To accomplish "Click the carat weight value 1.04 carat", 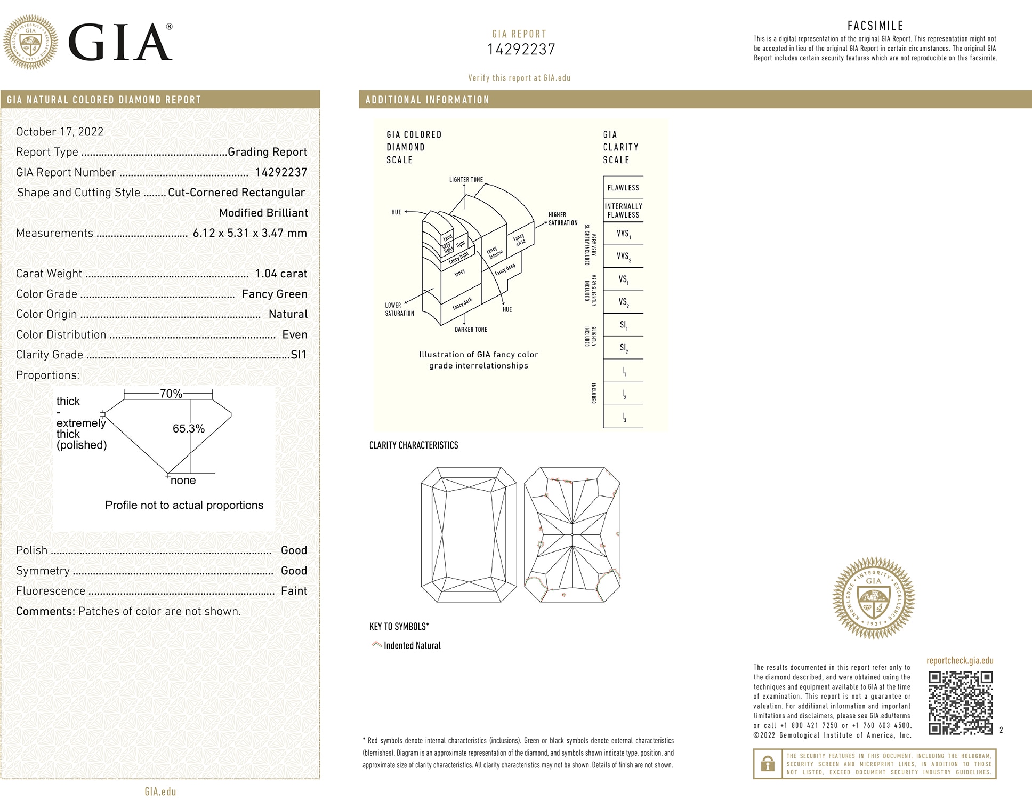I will pos(281,274).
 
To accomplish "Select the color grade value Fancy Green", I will pos(275,294).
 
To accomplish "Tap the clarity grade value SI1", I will pos(299,355).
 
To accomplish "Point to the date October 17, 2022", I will pos(60,132).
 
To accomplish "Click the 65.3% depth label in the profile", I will pos(188,429).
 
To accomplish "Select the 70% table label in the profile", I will pos(171,394).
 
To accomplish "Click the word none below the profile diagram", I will pos(183,481).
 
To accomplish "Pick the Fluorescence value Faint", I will pos(294,591).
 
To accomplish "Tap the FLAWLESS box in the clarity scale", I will pos(623,188).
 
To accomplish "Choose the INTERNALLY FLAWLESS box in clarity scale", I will pos(623,211).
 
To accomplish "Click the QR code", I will pos(960,703).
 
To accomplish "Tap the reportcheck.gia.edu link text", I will pos(960,661).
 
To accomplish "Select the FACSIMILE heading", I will pos(875,26).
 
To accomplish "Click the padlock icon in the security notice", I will pos(768,764).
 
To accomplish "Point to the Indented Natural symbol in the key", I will pos(376,645).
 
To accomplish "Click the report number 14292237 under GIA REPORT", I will pos(521,50).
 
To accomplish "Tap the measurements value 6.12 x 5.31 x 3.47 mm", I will pos(249,233).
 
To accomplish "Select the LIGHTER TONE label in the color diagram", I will pos(466,180).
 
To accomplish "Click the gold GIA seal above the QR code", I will pos(874,598).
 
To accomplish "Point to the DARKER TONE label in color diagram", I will pos(471,330).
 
